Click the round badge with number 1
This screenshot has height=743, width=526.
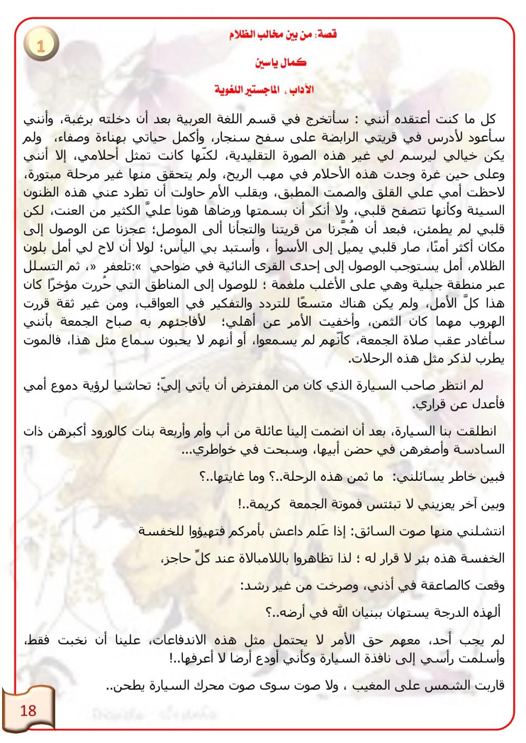pos(41,45)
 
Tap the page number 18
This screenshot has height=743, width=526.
pos(28,710)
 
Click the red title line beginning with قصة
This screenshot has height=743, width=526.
pos(283,35)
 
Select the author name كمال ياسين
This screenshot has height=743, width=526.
pos(281,63)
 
